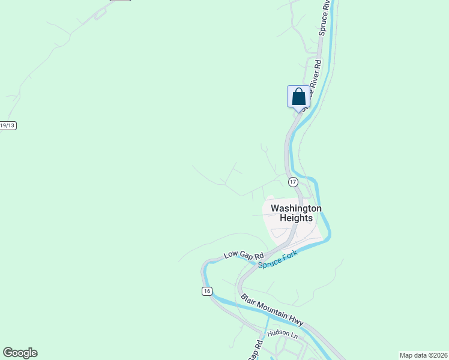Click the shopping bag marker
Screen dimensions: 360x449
[x=298, y=97]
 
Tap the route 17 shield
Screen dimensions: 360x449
[x=293, y=181]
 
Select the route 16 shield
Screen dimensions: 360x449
[x=207, y=291]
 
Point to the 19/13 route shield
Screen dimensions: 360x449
[x=8, y=125]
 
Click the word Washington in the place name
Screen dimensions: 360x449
[x=296, y=208]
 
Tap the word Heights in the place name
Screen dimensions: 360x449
[x=296, y=218]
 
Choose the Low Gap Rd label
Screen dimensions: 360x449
[x=244, y=255]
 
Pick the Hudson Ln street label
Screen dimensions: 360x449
[x=282, y=333]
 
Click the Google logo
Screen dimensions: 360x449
[x=20, y=353]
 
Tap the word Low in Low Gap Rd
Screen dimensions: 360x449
[x=231, y=255]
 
